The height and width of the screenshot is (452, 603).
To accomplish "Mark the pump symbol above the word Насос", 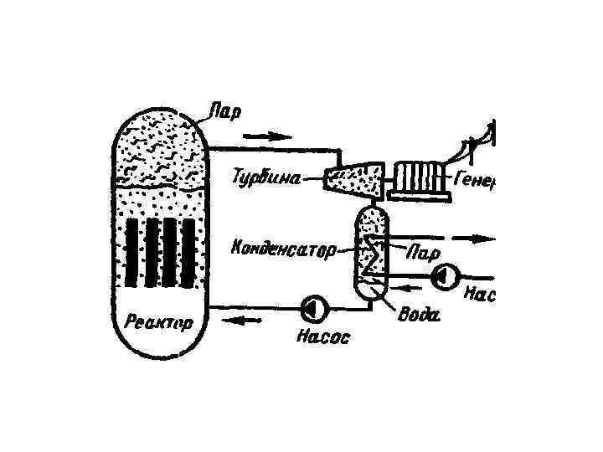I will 314,309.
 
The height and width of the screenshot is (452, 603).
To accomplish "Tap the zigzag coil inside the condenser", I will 370,255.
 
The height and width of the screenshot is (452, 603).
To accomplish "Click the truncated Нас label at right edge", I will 479,294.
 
